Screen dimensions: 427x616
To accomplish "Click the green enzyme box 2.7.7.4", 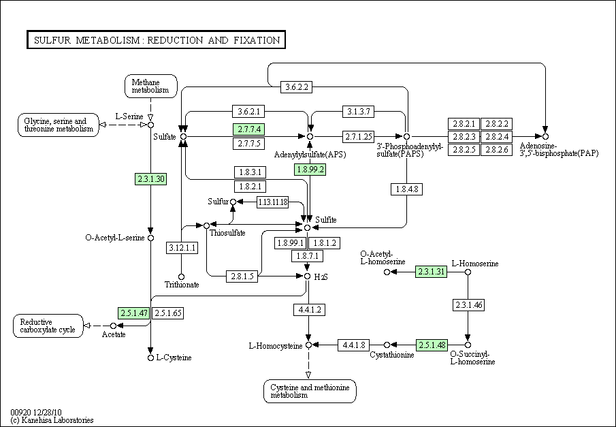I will pyautogui.click(x=248, y=129).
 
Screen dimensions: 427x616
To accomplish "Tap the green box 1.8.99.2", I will pyautogui.click(x=310, y=170).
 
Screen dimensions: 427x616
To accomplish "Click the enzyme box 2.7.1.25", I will pyautogui.click(x=358, y=137).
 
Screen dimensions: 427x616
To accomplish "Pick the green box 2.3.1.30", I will pyautogui.click(x=150, y=179).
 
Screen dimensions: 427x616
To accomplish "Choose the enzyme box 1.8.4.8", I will pyautogui.click(x=406, y=189).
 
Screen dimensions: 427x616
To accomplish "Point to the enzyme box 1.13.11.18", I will pyautogui.click(x=272, y=202).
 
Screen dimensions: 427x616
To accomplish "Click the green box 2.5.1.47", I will pyautogui.click(x=133, y=313).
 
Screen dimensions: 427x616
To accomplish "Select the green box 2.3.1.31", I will pyautogui.click(x=432, y=272).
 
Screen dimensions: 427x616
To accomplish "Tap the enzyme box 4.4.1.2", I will pyautogui.click(x=308, y=311).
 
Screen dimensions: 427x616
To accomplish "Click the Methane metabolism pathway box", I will pyautogui.click(x=151, y=86).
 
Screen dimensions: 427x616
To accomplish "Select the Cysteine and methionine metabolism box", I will pyautogui.click(x=310, y=391).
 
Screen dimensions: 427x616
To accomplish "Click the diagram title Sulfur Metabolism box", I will pyautogui.click(x=156, y=40).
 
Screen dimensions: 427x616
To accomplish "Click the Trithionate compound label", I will pyautogui.click(x=182, y=285).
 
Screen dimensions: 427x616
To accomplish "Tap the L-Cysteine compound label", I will pyautogui.click(x=174, y=358).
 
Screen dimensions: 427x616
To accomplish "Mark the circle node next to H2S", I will pyautogui.click(x=308, y=276).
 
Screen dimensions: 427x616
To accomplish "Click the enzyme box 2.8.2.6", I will pyautogui.click(x=497, y=150).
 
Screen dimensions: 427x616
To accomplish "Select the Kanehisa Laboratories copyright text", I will pyautogui.click(x=52, y=420).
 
